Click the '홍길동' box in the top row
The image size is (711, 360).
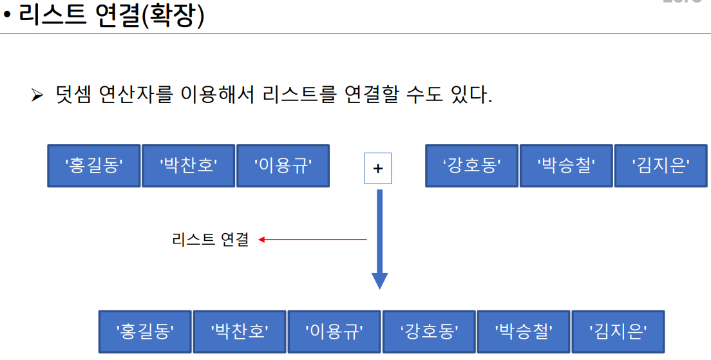tap(94, 166)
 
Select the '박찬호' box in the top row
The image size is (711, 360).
tap(188, 166)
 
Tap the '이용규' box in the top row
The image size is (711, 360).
tap(283, 166)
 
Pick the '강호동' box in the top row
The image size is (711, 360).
tap(472, 166)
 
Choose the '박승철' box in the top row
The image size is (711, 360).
tap(566, 166)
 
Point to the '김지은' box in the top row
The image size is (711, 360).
tap(661, 166)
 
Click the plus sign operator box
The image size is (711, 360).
tap(378, 168)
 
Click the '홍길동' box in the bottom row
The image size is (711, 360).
tap(146, 331)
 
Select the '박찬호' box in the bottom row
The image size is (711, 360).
tap(240, 331)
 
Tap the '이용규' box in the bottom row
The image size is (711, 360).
tap(334, 331)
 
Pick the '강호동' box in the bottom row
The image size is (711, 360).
tap(429, 331)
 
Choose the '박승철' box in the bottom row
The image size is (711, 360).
tap(524, 331)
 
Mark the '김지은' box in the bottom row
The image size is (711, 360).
tap(618, 331)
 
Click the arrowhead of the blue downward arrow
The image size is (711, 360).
tap(380, 281)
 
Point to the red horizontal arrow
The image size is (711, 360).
tap(312, 240)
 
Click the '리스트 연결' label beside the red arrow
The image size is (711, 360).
tap(210, 240)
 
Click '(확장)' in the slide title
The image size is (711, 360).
tap(173, 15)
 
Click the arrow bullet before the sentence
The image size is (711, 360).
tap(36, 96)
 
